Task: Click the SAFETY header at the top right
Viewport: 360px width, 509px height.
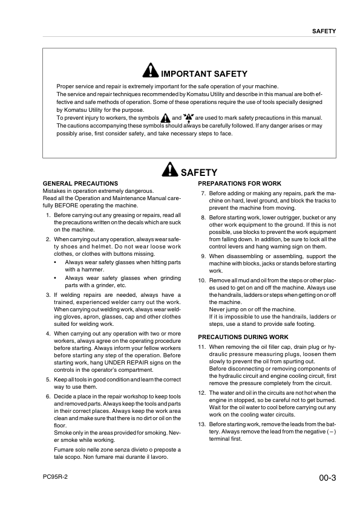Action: [324, 31]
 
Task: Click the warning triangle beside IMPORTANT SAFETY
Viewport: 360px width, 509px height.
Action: [151, 73]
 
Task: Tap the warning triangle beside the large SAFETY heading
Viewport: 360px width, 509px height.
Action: [171, 172]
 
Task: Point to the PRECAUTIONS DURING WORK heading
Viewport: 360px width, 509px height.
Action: [243, 337]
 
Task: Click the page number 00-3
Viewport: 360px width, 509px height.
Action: [327, 479]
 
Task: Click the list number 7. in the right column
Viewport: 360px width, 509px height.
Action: [203, 194]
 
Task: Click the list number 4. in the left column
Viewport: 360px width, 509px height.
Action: [48, 333]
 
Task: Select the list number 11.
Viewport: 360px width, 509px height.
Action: [202, 347]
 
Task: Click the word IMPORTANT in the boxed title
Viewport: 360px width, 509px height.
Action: [188, 74]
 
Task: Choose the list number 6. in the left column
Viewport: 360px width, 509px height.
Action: [48, 396]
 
